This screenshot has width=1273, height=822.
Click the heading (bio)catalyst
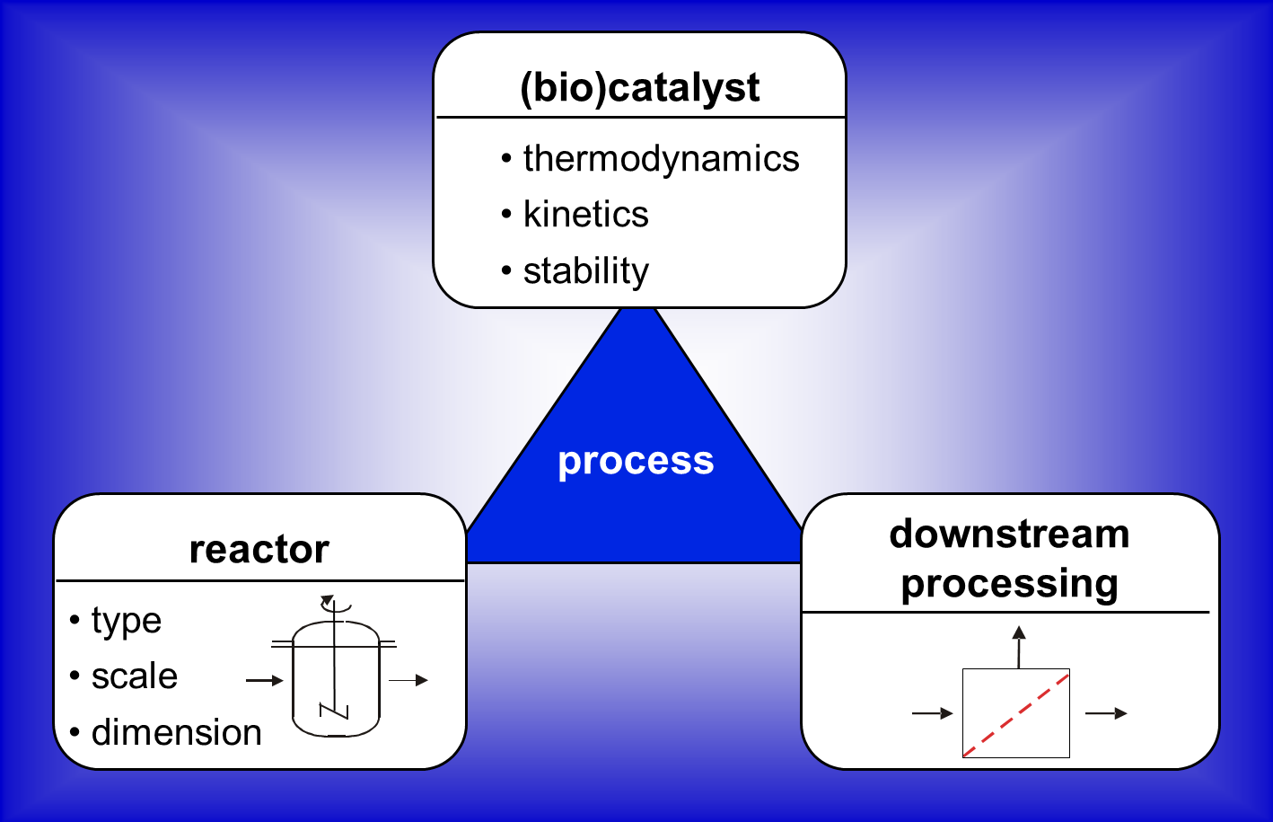[640, 88]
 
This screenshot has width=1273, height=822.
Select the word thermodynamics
[662, 159]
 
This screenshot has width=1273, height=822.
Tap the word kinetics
[586, 215]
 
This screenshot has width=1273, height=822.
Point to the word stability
[586, 270]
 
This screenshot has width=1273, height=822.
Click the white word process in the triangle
[636, 462]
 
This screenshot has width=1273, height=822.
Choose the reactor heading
[259, 550]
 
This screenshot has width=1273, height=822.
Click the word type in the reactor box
[127, 621]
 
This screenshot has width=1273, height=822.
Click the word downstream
[1009, 535]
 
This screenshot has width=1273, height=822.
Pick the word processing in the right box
[1009, 584]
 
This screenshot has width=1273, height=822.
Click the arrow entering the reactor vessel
[264, 680]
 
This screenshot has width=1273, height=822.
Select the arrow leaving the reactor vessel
[408, 680]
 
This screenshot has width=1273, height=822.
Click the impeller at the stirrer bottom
[334, 712]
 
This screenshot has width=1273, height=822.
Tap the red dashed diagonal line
[1016, 714]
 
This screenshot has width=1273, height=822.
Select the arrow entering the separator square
[933, 713]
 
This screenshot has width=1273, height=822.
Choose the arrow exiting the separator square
[1107, 713]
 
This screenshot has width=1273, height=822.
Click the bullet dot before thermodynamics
[506, 158]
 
